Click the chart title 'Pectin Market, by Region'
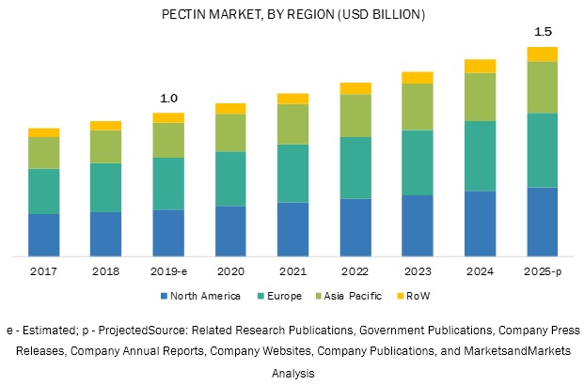292,15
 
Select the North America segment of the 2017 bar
44,235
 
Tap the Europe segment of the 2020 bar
230,178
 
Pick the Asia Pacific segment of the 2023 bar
418,107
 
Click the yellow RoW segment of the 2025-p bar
542,54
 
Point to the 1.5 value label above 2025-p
543,32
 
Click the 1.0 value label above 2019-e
168,99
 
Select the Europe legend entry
283,295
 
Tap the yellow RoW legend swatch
400,295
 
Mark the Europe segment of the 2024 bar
480,156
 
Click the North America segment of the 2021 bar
293,228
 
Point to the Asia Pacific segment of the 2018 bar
106,146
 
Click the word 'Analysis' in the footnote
292,373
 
